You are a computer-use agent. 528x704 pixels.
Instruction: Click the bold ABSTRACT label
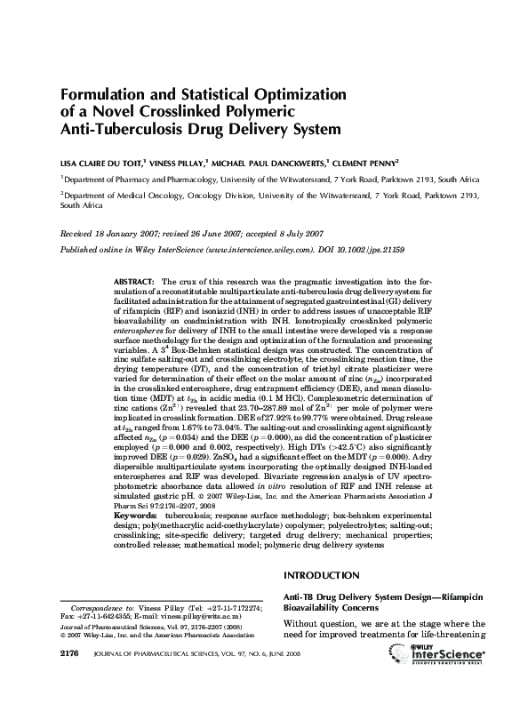tap(134, 280)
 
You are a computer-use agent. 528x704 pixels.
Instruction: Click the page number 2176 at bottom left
tap(71, 679)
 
